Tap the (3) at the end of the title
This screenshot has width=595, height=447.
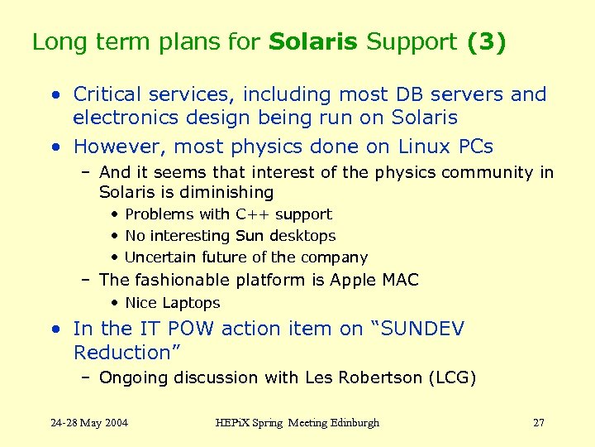486,42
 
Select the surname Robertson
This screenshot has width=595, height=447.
378,378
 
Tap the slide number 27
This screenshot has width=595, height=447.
539,423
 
